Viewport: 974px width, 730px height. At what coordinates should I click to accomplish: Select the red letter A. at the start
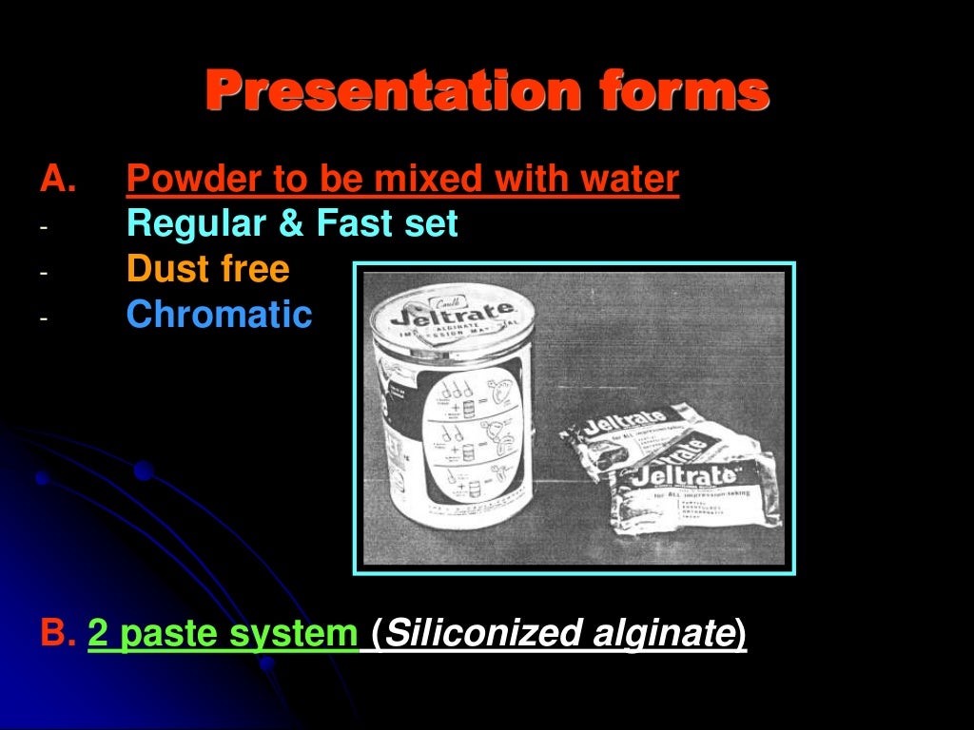pyautogui.click(x=58, y=179)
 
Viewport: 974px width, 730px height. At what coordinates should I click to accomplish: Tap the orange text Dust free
pyautogui.click(x=207, y=270)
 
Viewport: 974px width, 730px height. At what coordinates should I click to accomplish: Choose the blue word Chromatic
pyautogui.click(x=219, y=315)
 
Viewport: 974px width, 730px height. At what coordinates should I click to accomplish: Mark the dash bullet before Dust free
pyautogui.click(x=43, y=273)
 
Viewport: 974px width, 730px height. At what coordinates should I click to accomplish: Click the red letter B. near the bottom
pyautogui.click(x=58, y=633)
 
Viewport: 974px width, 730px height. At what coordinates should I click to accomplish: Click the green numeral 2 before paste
pyautogui.click(x=98, y=634)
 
